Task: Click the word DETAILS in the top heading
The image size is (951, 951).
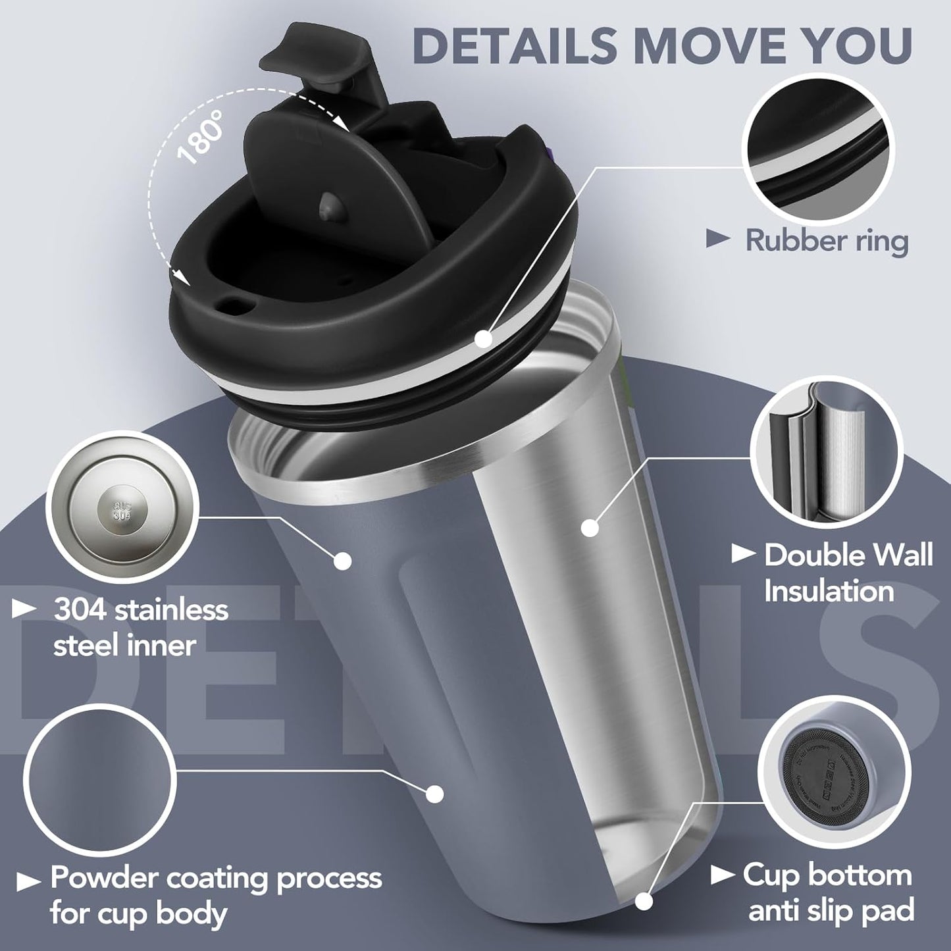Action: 514,45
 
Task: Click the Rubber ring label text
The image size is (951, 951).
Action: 827,240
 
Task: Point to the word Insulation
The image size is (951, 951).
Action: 829,590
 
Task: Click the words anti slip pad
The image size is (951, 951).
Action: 832,911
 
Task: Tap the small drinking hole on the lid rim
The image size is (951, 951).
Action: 231,305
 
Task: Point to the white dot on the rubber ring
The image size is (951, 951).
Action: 484,339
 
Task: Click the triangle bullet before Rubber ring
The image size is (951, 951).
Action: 718,240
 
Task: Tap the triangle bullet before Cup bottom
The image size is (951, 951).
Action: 723,875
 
